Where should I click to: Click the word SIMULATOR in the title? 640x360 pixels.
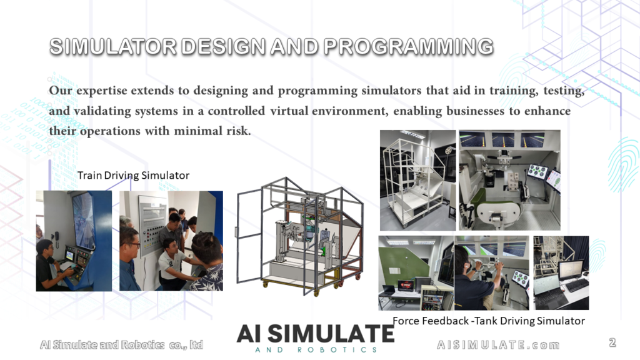[x=112, y=46]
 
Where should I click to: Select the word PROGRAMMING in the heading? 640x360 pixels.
[x=409, y=46]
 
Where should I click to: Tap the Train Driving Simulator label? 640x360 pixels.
[x=134, y=176]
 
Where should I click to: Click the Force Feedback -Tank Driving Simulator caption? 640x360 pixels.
[x=489, y=321]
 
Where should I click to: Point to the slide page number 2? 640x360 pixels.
[x=612, y=342]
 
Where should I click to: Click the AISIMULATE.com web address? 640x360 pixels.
[x=498, y=345]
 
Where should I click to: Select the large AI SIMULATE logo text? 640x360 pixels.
[x=316, y=334]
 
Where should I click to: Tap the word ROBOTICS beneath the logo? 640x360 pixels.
[x=337, y=350]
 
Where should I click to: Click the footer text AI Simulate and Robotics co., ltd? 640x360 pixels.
[x=122, y=345]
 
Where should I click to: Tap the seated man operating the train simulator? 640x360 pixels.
[x=51, y=265]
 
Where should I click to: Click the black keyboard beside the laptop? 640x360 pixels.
[x=577, y=285]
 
